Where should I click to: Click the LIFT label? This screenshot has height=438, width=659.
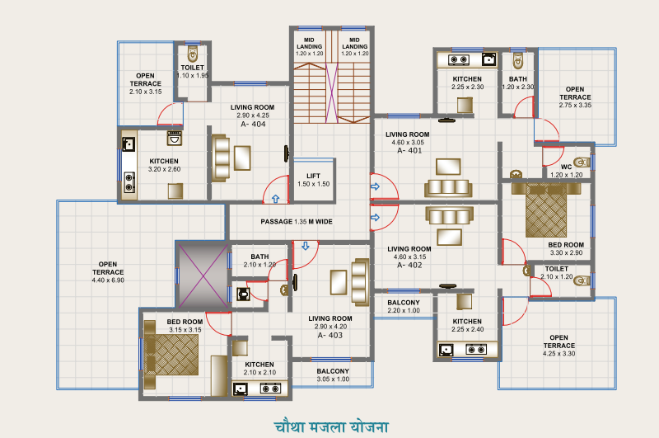coord(313,176)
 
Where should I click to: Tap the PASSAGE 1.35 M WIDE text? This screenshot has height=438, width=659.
coord(297,222)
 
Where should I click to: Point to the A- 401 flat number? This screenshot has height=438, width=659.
coord(409,152)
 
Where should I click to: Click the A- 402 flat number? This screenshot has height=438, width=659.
coord(409,266)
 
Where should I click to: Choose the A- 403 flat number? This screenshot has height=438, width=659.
coord(330,336)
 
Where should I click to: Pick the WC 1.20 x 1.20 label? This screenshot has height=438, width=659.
coord(566,171)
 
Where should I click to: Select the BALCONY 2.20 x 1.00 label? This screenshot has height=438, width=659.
coord(404,307)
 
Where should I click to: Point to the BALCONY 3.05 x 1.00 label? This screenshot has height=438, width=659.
coord(333,375)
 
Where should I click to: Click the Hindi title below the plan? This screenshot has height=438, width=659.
coord(331,426)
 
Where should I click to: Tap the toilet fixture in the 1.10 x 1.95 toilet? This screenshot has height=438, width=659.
coord(193,51)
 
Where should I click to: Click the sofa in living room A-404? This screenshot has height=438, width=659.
coord(220,157)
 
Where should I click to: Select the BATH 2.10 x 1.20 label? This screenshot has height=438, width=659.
coord(260,261)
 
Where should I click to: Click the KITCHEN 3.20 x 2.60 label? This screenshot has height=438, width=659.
coord(165,165)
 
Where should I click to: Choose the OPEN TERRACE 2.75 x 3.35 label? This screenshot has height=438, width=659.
coord(574,97)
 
